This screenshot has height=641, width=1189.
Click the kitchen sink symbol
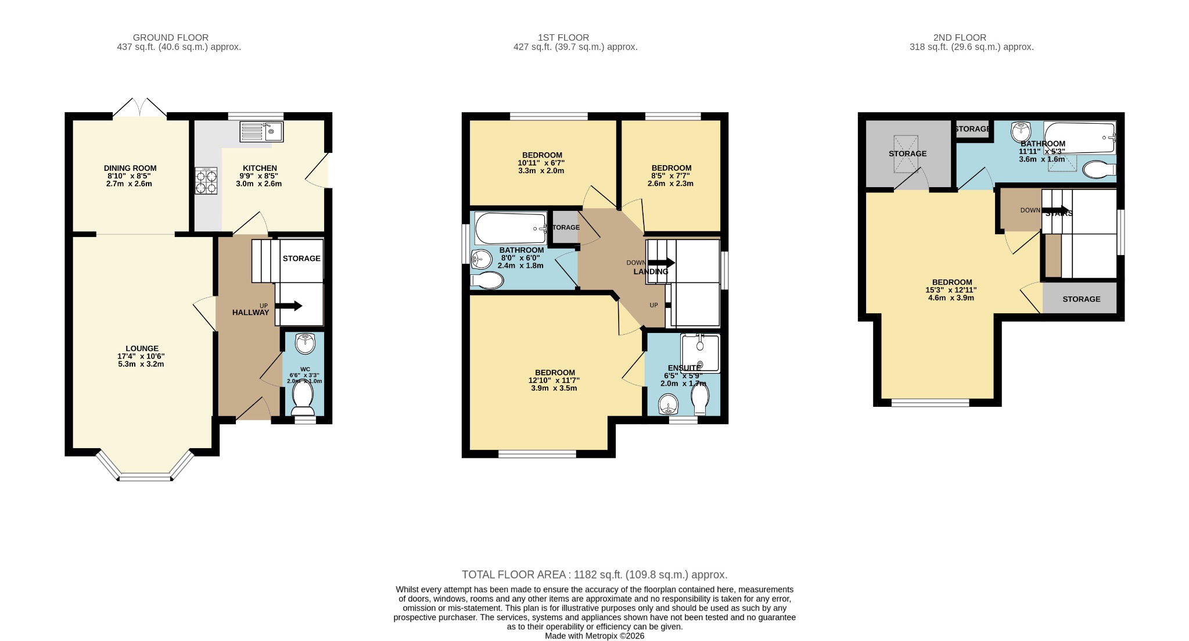click(261, 131)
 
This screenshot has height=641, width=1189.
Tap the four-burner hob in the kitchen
click(206, 180)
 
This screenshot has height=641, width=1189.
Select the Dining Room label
click(130, 169)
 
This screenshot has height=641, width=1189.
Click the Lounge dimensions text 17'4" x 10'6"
click(141, 356)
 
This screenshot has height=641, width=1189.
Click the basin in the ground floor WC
click(304, 343)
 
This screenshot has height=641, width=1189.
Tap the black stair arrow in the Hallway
click(290, 306)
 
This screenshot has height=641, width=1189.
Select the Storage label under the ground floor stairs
click(301, 258)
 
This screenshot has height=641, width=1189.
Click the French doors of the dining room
click(140, 109)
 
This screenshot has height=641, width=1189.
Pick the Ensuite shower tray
click(699, 353)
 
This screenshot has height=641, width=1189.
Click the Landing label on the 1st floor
click(651, 271)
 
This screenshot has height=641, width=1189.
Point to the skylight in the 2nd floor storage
click(906, 153)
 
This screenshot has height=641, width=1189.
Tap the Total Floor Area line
click(594, 575)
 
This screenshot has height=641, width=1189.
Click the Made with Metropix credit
click(594, 636)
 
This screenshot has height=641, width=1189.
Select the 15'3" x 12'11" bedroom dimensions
click(951, 290)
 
